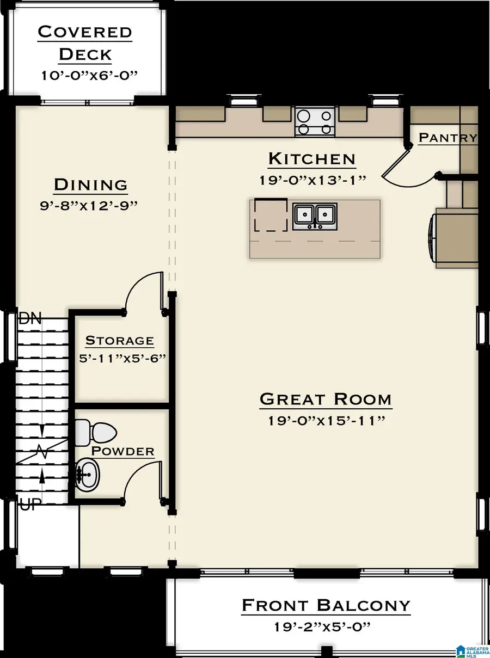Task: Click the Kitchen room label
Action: coord(312,159)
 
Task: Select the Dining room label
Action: coord(91,185)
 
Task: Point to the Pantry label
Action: coord(448,138)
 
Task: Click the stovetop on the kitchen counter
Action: coord(315,121)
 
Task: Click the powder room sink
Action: coord(87,473)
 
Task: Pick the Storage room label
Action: coord(120,341)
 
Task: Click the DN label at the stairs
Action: coord(30,319)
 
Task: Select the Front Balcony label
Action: coord(326,605)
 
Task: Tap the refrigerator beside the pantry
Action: coord(455,239)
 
